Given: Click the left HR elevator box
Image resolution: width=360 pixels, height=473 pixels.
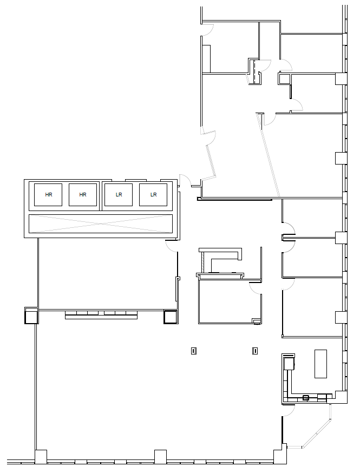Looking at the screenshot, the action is click(48, 195).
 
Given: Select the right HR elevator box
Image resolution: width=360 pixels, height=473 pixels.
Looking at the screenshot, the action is click(83, 195).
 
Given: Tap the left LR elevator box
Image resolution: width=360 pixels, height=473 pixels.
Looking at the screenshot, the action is click(119, 195).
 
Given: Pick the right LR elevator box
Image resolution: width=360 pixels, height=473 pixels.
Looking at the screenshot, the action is click(153, 195).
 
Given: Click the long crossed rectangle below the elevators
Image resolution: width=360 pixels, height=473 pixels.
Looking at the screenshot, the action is click(101, 224).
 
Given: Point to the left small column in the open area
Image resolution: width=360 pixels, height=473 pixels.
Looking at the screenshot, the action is click(194, 351).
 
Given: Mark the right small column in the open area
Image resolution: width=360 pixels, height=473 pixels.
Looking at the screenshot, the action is click(255, 351).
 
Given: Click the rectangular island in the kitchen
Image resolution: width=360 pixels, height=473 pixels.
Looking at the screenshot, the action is click(321, 364).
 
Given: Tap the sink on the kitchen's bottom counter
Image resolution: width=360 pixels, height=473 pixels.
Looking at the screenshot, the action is click(306, 398).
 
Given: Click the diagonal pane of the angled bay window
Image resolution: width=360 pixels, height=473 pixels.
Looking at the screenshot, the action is click(316, 433).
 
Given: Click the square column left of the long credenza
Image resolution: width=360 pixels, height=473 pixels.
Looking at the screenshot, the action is click(31, 317).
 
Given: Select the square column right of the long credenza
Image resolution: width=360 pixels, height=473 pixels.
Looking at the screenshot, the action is click(170, 317).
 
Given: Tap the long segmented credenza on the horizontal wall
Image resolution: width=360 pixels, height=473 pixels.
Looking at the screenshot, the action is click(101, 314).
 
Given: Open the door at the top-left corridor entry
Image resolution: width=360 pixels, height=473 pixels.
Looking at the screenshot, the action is click(208, 30).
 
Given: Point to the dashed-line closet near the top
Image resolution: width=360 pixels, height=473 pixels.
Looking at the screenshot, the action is click(254, 71).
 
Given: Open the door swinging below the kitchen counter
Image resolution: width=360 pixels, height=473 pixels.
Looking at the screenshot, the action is click(288, 411).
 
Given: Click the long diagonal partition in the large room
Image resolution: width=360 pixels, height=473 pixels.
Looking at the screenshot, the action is click(269, 155).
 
